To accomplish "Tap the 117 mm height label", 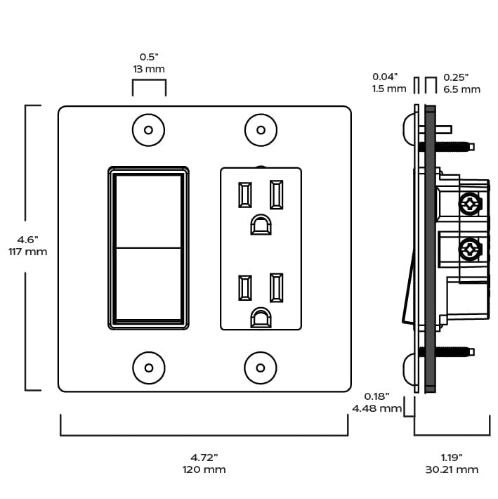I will pyautogui.click(x=28, y=252).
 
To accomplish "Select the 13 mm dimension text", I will pyautogui.click(x=149, y=70).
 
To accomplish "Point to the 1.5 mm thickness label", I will pyautogui.click(x=389, y=89).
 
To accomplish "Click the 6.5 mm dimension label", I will pyautogui.click(x=462, y=89).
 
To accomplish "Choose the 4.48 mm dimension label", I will pyautogui.click(x=376, y=408).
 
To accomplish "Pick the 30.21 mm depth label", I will pyautogui.click(x=452, y=469).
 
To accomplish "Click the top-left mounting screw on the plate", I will pyautogui.click(x=148, y=130).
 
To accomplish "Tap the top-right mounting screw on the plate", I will pyautogui.click(x=261, y=130).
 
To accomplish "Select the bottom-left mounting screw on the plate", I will pyautogui.click(x=148, y=367).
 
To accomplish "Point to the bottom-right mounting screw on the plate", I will pyautogui.click(x=261, y=367).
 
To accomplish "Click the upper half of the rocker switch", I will pyautogui.click(x=148, y=209).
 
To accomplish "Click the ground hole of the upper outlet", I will pyautogui.click(x=261, y=225).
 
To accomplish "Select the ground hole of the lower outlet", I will pyautogui.click(x=261, y=318).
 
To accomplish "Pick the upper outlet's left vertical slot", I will pyautogui.click(x=245, y=195).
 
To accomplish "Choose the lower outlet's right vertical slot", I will pyautogui.click(x=276, y=287).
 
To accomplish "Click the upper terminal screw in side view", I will pyautogui.click(x=468, y=205).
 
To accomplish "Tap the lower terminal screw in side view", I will pyautogui.click(x=468, y=249).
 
